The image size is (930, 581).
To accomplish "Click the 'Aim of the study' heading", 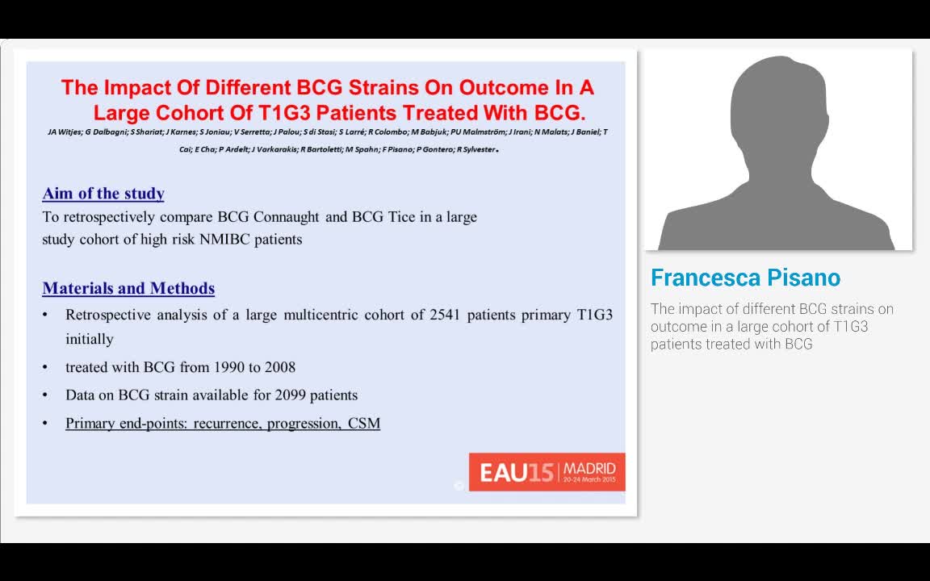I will pos(103,194).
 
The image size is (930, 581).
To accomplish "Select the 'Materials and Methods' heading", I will pos(128,289).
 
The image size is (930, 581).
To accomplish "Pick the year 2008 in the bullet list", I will pos(279,367).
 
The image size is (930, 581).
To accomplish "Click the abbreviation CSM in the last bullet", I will pos(364,424).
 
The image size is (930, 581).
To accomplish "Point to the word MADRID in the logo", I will pos(589,468).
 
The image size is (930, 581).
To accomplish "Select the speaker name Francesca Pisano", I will pos(745,278).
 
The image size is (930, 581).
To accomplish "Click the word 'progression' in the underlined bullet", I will pos(304,424).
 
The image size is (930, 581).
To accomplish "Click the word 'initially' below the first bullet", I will pos(90,340).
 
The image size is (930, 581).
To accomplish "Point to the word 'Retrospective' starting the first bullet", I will pos(107,315).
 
